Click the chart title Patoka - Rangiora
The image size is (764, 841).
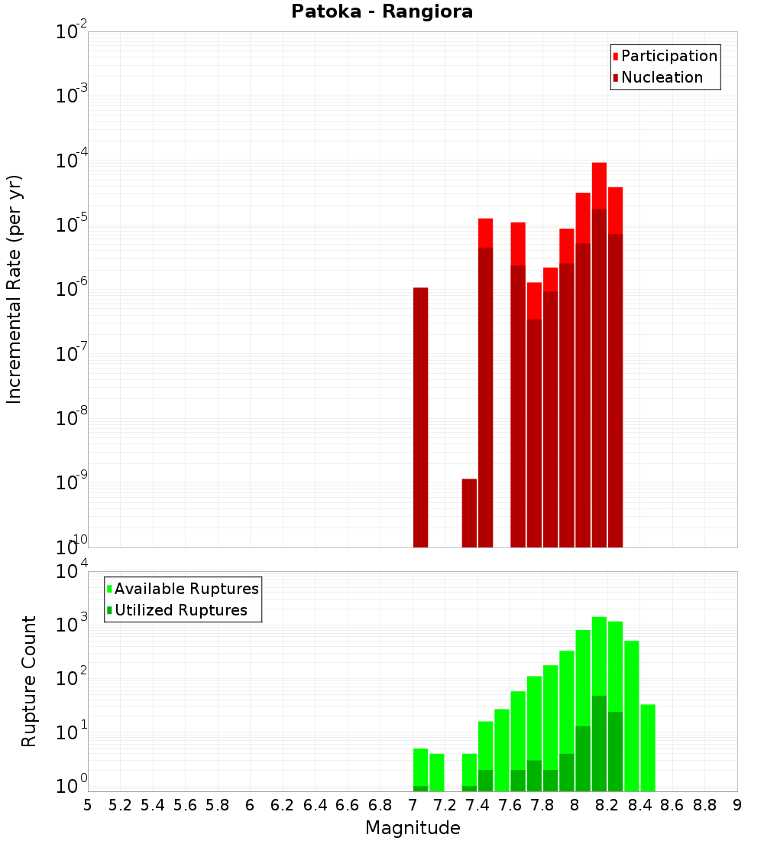coord(382,12)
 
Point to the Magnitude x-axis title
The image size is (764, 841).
coord(413,828)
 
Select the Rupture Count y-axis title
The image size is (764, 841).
coord(29,681)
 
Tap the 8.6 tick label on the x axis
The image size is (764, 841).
coord(672,805)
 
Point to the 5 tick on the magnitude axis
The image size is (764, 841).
coord(88,805)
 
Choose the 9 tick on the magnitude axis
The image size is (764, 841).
coord(737,805)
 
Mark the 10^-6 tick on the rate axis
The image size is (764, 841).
coord(70,289)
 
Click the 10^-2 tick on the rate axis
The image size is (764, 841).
coord(70,32)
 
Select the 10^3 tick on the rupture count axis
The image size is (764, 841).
coord(70,624)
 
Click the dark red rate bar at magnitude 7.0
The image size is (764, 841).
coord(420,417)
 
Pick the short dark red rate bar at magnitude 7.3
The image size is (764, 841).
coord(469,512)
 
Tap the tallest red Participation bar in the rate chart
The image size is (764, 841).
coord(599,183)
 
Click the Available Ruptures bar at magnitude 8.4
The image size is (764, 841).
coord(632,715)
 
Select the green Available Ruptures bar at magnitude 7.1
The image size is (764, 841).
coord(437,772)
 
